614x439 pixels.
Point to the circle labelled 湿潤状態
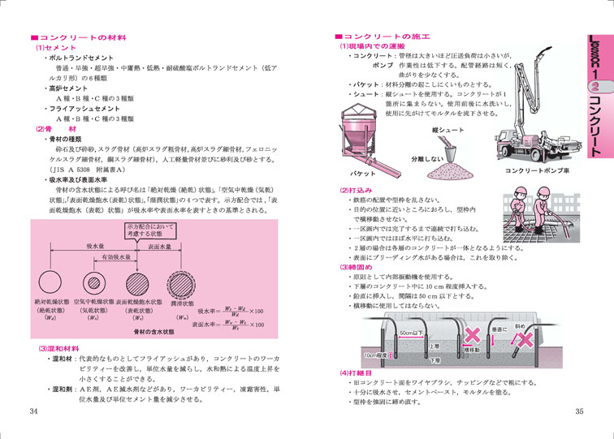[x=179, y=286]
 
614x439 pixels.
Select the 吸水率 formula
[x=231, y=310]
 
